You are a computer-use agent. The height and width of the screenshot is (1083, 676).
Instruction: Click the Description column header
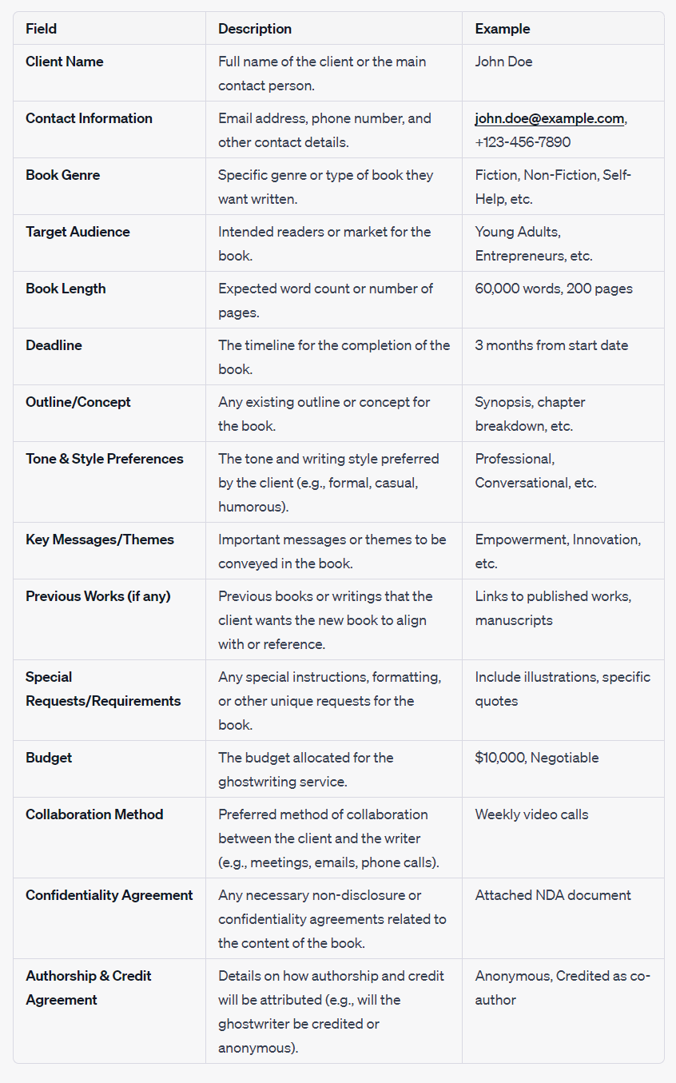pyautogui.click(x=255, y=29)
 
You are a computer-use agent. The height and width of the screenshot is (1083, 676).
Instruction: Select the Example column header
pyautogui.click(x=502, y=29)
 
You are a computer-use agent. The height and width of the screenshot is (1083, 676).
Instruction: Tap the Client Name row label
pyautogui.click(x=65, y=62)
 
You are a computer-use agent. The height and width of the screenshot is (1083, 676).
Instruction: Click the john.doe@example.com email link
pyautogui.click(x=549, y=118)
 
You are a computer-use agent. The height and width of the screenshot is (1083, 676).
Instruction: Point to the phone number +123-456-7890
pyautogui.click(x=523, y=142)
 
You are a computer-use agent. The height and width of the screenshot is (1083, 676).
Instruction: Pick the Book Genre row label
pyautogui.click(x=63, y=175)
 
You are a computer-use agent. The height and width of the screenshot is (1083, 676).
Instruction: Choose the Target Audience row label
pyautogui.click(x=78, y=232)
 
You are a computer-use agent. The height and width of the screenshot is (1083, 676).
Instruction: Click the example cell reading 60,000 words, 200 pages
pyautogui.click(x=554, y=289)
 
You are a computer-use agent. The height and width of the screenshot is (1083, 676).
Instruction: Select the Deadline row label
pyautogui.click(x=54, y=345)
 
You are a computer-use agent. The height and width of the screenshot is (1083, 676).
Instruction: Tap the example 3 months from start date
pyautogui.click(x=551, y=345)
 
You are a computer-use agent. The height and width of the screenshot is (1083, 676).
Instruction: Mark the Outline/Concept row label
pyautogui.click(x=78, y=402)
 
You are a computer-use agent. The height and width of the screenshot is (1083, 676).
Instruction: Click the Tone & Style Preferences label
pyautogui.click(x=105, y=459)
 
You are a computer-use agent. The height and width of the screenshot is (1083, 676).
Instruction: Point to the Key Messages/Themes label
pyautogui.click(x=100, y=540)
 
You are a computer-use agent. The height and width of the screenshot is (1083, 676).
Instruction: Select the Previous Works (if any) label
pyautogui.click(x=98, y=596)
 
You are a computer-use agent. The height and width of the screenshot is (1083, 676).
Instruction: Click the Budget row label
pyautogui.click(x=49, y=758)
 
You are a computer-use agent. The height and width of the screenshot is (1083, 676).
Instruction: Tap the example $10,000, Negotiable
pyautogui.click(x=537, y=758)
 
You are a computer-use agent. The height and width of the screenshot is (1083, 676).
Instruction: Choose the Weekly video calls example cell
pyautogui.click(x=531, y=814)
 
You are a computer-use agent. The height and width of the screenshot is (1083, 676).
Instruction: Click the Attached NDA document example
pyautogui.click(x=553, y=895)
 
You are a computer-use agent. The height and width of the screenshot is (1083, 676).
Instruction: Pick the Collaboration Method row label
pyautogui.click(x=94, y=814)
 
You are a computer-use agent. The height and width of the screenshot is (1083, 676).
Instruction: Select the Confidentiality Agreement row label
pyautogui.click(x=109, y=895)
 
